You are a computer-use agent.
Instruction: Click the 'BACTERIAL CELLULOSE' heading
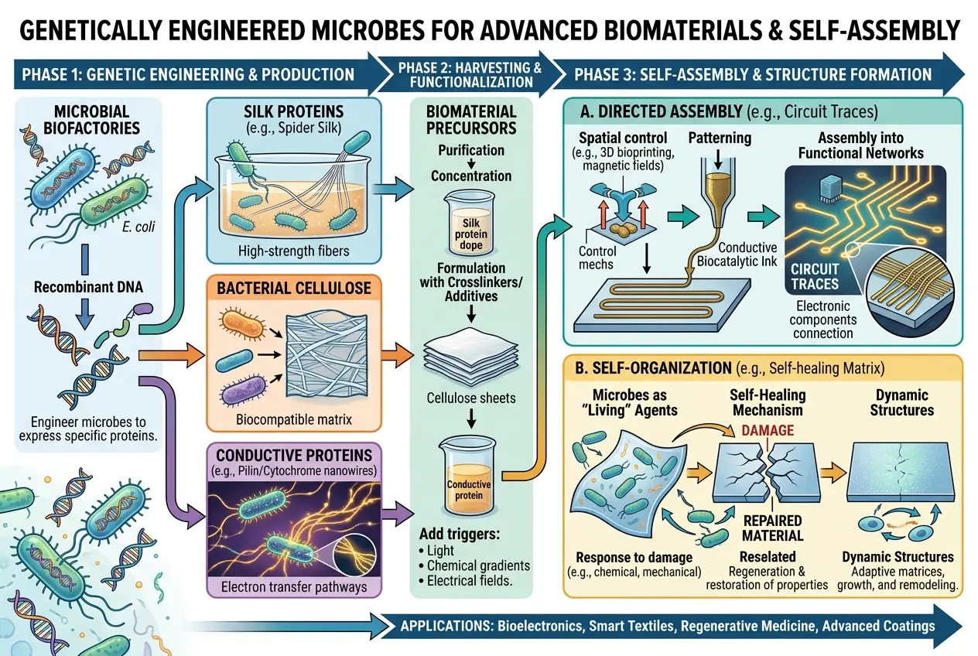pyautogui.click(x=293, y=289)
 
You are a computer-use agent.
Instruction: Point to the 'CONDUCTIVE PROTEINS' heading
pyautogui.click(x=295, y=455)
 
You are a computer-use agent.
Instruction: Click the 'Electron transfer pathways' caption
pyautogui.click(x=293, y=586)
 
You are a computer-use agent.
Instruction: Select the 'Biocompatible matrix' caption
pyautogui.click(x=293, y=419)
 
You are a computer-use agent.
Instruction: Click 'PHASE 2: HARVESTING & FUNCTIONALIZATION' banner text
pyautogui.click(x=471, y=74)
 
